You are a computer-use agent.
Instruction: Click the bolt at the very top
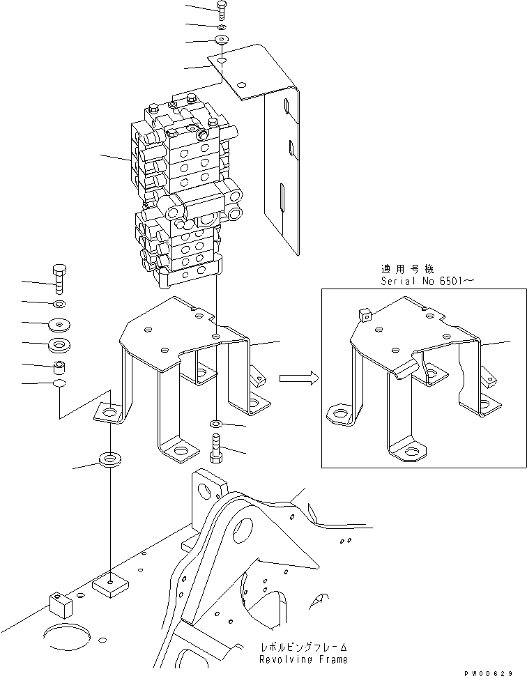pos(221,8)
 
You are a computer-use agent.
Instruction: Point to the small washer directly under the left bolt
pos(59,304)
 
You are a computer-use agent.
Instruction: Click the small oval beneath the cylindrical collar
pos(59,384)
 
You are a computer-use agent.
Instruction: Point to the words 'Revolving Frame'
pos(303,659)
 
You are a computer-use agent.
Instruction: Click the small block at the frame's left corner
pos(61,604)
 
